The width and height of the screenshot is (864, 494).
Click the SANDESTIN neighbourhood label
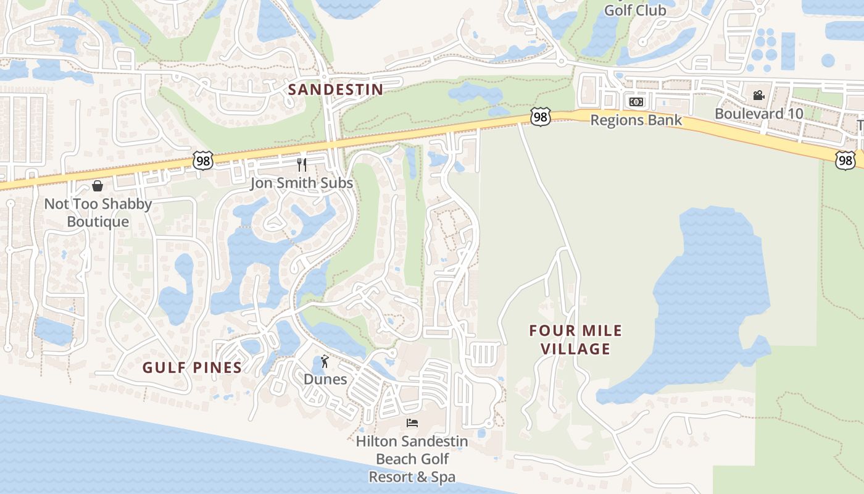[x=336, y=90]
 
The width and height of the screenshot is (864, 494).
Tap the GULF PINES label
[x=192, y=368]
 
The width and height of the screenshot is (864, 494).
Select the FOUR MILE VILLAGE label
[x=576, y=340]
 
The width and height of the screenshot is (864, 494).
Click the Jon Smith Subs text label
[x=301, y=183]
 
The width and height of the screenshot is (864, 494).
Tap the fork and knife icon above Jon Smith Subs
[x=302, y=164]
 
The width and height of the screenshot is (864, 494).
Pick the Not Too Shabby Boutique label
[x=98, y=213]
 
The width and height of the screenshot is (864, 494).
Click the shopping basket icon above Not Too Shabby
[x=98, y=186]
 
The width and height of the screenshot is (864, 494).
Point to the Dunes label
[x=325, y=379]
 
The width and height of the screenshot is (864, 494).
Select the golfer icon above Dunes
[x=325, y=361]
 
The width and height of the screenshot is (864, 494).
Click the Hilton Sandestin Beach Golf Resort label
[x=412, y=459]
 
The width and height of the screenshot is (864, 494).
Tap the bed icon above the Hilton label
[x=412, y=423]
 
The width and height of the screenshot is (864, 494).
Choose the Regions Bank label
[x=636, y=120]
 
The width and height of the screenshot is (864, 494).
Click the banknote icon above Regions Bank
[x=636, y=102]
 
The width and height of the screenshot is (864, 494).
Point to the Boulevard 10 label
[x=759, y=114]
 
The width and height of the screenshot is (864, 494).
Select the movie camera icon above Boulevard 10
[x=758, y=96]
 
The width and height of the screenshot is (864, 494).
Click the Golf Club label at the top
[x=635, y=10]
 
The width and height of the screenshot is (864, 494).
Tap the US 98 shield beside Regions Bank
[x=540, y=117]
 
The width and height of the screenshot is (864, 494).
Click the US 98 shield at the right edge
[x=845, y=161]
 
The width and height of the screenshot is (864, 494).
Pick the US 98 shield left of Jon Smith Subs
[x=203, y=160]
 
